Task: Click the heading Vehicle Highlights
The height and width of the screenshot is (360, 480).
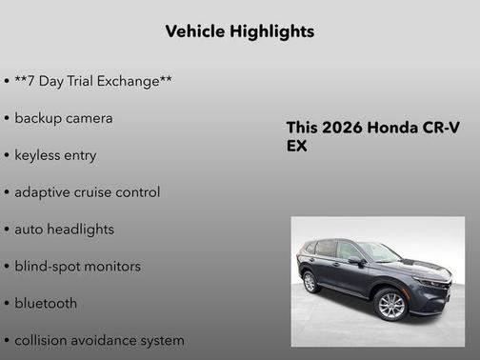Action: (x=239, y=31)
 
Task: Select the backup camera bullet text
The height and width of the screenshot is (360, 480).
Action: (x=63, y=118)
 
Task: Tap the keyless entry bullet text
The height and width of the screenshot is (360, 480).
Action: (x=55, y=155)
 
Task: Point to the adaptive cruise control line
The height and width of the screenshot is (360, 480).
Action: (x=87, y=192)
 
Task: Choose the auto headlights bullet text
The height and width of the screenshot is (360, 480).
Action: (x=64, y=230)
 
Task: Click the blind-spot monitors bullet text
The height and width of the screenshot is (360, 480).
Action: (x=77, y=267)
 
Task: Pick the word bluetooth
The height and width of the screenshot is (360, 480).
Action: (x=46, y=304)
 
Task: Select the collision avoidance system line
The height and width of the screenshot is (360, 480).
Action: (x=99, y=340)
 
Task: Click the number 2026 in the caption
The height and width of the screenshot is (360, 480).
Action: (x=339, y=128)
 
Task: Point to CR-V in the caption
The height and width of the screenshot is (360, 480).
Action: (x=439, y=128)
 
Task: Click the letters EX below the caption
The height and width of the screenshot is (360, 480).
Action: (x=297, y=147)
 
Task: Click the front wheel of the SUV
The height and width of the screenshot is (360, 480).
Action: (x=390, y=304)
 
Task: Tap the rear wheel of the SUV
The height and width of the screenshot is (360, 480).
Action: (x=310, y=282)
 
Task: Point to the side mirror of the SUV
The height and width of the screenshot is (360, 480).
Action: (x=356, y=260)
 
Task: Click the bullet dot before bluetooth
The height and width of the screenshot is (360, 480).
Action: (x=7, y=304)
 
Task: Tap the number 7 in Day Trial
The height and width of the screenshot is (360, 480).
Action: (x=32, y=81)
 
